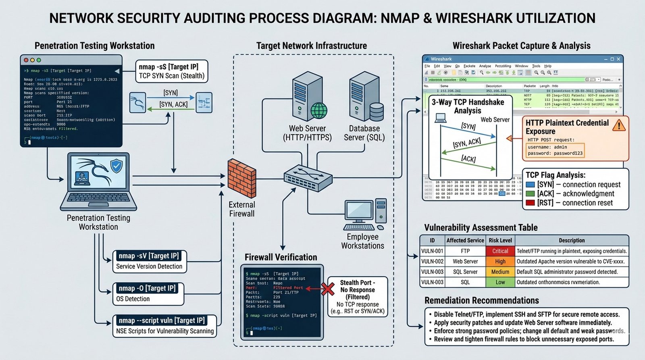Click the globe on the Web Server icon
click(319, 110)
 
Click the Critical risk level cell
click(500, 251)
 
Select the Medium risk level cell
click(500, 272)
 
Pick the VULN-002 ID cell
click(432, 261)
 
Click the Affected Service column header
click(465, 240)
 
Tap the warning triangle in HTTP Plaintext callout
click(619, 125)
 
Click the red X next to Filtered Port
click(328, 289)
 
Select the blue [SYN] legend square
click(530, 185)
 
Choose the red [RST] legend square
click(530, 203)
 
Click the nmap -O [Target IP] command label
click(147, 288)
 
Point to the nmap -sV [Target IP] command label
click(149, 256)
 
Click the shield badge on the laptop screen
click(116, 166)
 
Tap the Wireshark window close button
click(618, 59)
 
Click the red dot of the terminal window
click(26, 60)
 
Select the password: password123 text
click(555, 153)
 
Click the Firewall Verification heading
click(281, 257)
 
